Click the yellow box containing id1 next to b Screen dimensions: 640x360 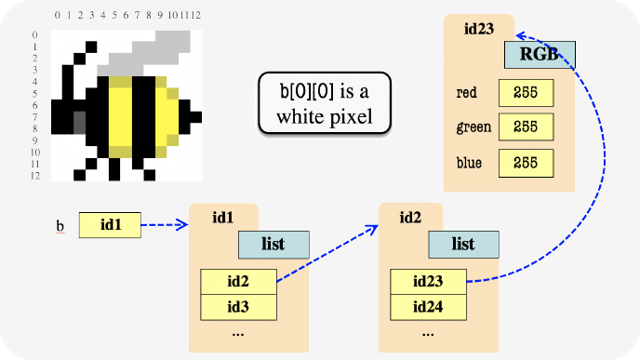[x=110, y=225]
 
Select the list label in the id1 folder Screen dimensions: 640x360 [x=273, y=245]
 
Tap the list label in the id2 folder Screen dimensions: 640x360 [x=463, y=245]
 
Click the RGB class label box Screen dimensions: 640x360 [x=540, y=55]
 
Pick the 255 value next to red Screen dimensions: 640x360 [x=527, y=93]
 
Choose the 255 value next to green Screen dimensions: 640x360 [x=527, y=127]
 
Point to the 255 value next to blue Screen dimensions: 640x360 [x=527, y=164]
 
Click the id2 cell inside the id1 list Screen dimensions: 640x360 [x=238, y=282]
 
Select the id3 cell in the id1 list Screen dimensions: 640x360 [x=238, y=307]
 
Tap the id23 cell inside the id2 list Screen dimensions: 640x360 [x=428, y=282]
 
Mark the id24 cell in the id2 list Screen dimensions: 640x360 [x=428, y=307]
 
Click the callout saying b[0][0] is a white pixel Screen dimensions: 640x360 [x=325, y=103]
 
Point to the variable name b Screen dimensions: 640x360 [x=60, y=226]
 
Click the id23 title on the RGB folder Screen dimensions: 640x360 [x=479, y=29]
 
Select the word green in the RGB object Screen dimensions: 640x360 [x=473, y=127]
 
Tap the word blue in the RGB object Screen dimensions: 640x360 [x=469, y=163]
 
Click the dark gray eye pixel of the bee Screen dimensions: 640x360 [x=80, y=123]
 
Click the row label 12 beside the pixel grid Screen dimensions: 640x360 [x=35, y=176]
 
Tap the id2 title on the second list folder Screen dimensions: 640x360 [x=410, y=218]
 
